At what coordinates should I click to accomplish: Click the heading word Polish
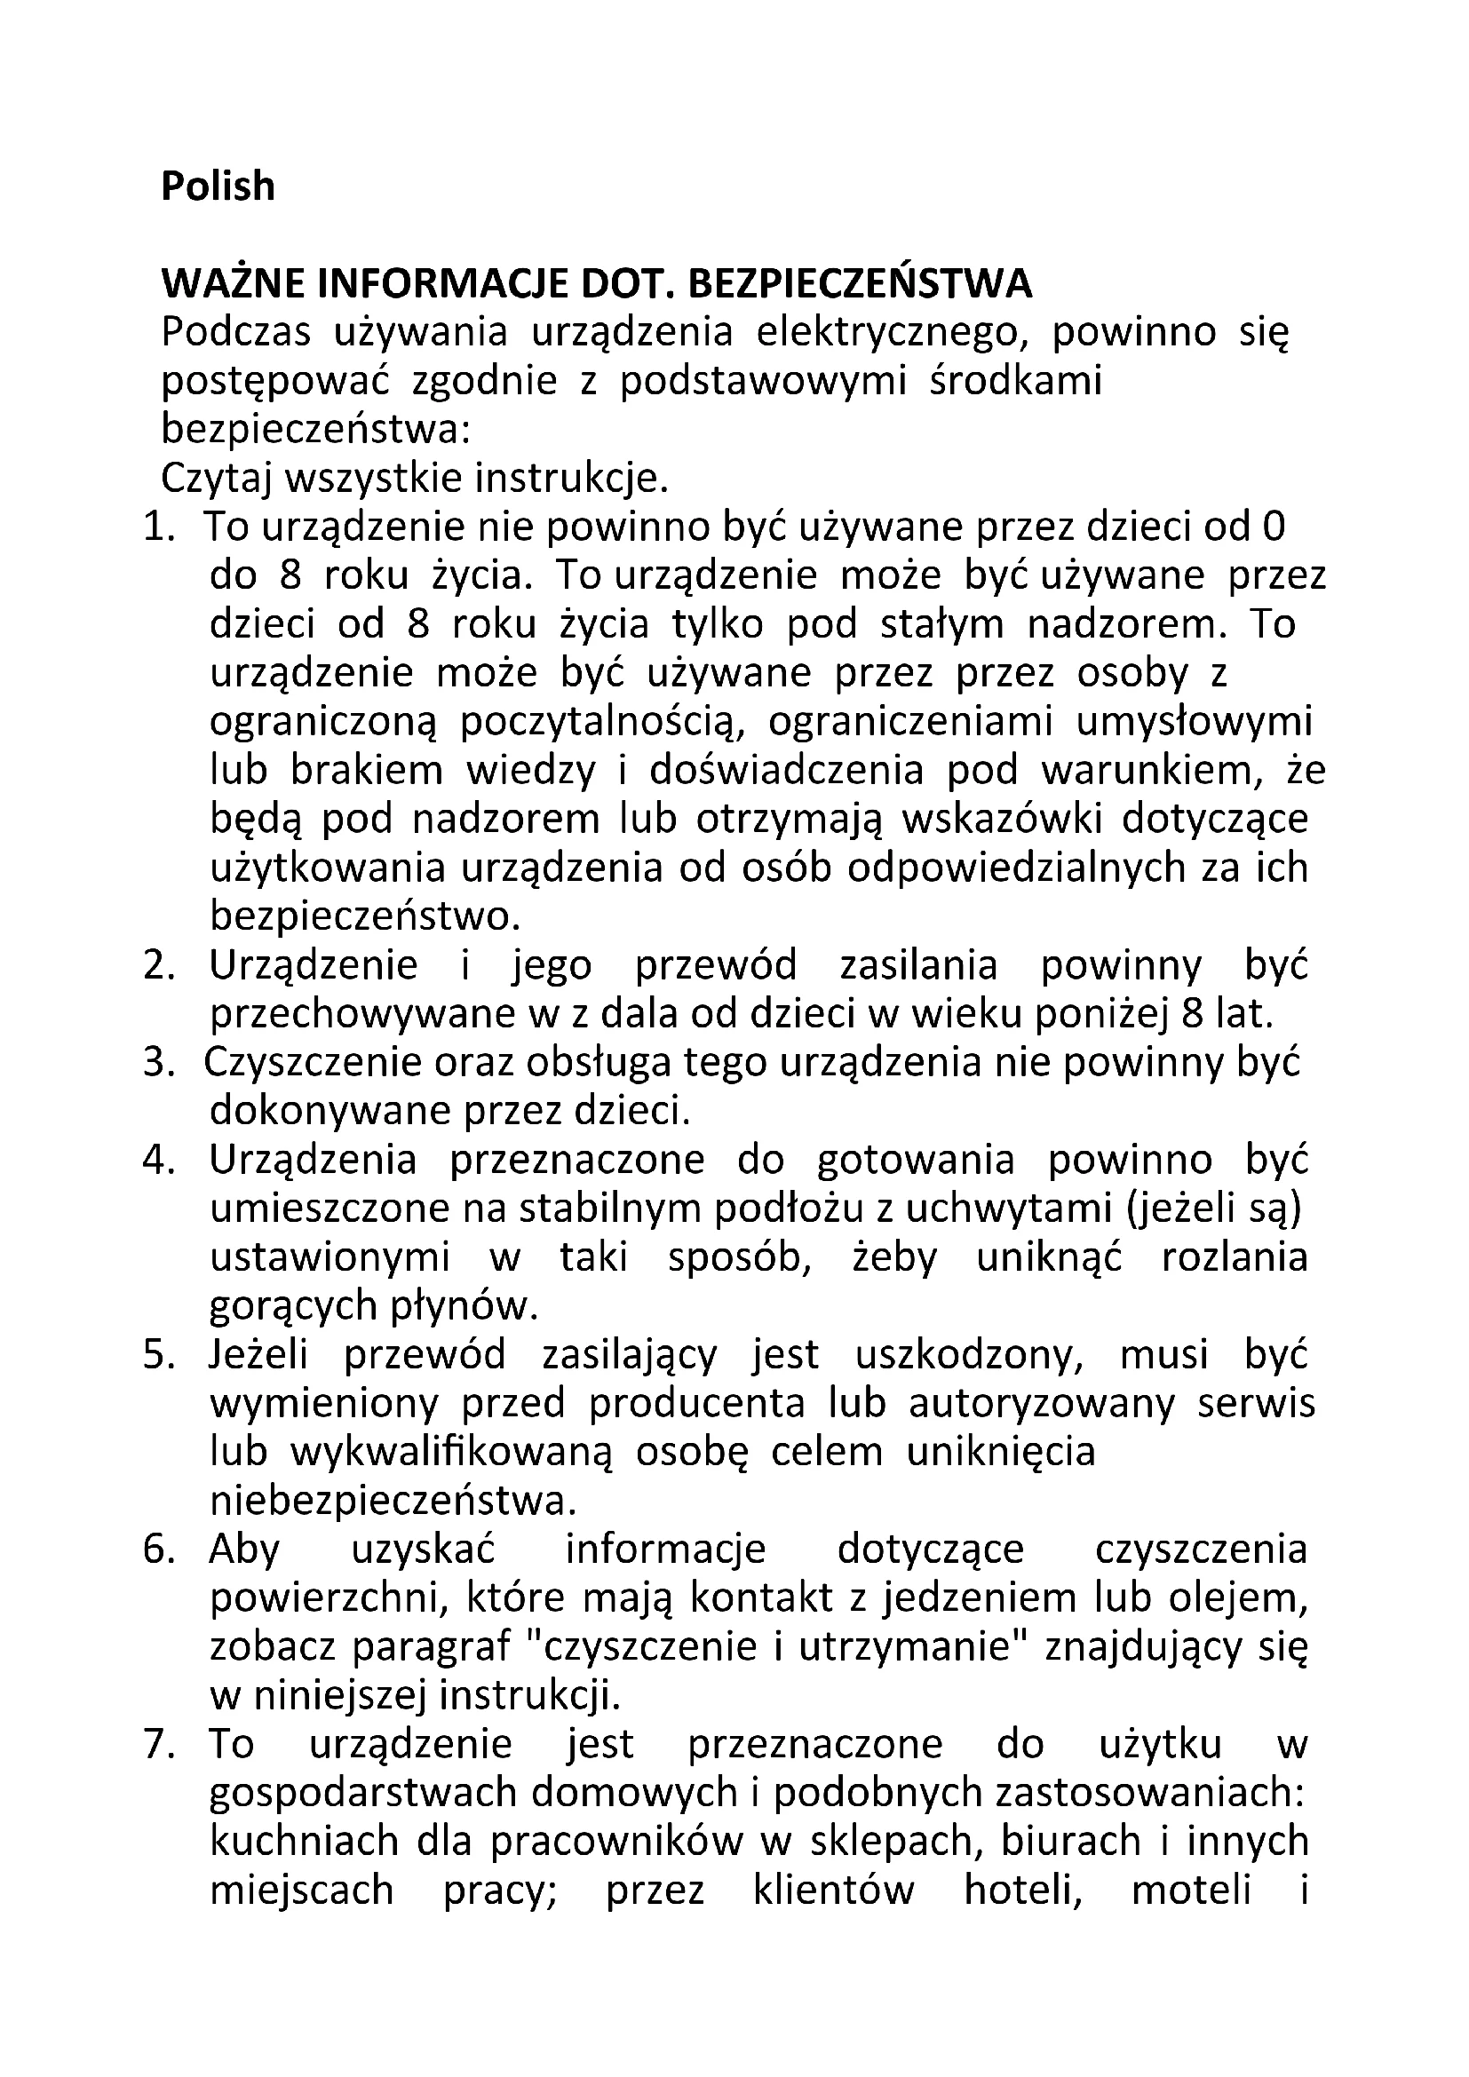(218, 186)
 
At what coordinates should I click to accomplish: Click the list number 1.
(157, 527)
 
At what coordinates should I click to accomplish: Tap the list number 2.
(157, 966)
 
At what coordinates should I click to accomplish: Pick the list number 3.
(157, 1064)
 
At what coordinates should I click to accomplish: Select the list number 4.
(157, 1161)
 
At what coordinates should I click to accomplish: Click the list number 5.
(157, 1356)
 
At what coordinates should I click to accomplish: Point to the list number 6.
(157, 1550)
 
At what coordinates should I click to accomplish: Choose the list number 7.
(157, 1745)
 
